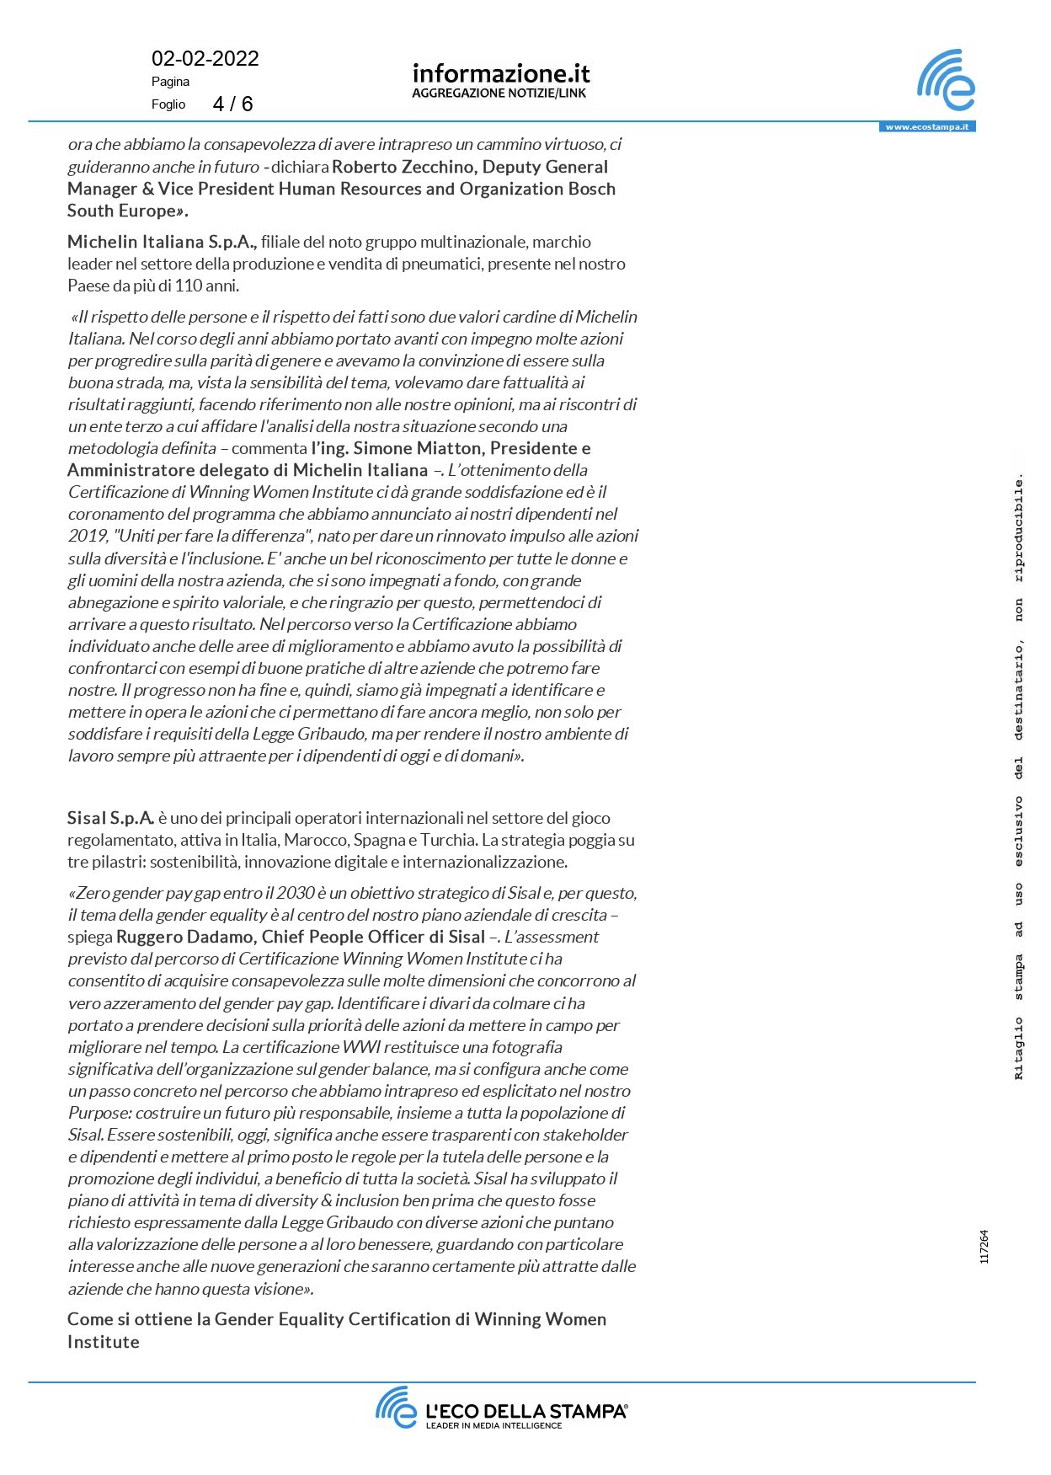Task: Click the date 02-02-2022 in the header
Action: point(205,59)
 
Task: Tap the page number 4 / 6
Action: point(232,104)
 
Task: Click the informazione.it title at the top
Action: point(500,74)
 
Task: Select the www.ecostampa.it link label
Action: point(926,127)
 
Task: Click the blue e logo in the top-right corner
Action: point(946,81)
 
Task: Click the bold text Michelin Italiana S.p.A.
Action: point(162,243)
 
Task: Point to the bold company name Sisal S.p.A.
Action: point(110,818)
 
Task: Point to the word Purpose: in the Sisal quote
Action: point(99,1113)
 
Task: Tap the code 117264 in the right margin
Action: point(984,1247)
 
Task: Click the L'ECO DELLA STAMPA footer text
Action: point(526,1412)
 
